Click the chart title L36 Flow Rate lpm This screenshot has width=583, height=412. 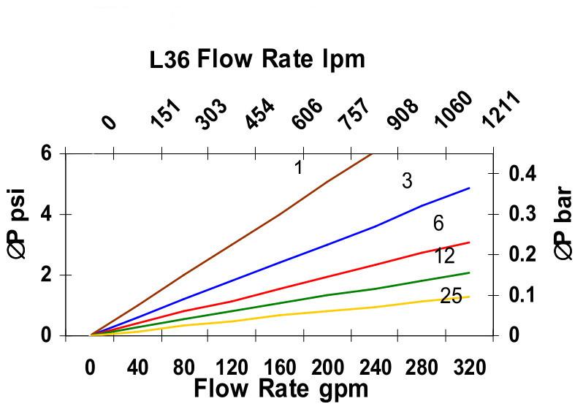click(256, 59)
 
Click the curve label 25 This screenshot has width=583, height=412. click(451, 297)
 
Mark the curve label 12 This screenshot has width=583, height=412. click(443, 256)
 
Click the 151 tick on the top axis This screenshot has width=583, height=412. click(166, 114)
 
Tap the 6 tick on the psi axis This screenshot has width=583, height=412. click(47, 153)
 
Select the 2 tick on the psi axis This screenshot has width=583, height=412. click(47, 275)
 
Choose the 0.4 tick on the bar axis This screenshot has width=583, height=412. click(522, 174)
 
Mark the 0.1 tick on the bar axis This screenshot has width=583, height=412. click(522, 295)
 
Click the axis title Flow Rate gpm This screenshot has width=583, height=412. click(281, 389)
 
